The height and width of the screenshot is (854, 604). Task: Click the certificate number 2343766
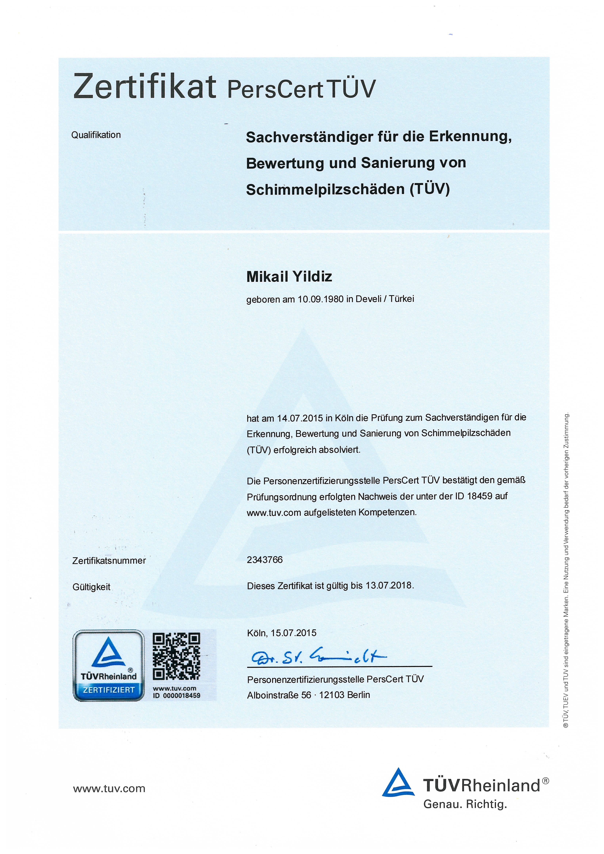tap(265, 560)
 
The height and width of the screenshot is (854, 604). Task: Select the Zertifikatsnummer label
tap(109, 561)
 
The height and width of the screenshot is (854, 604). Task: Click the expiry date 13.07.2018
tap(389, 585)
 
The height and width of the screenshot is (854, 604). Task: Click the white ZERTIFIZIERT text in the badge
tap(109, 690)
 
